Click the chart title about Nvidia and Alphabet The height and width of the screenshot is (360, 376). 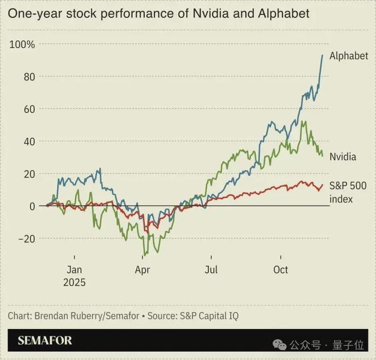(x=159, y=13)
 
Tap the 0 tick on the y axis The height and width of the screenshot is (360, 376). (x=32, y=206)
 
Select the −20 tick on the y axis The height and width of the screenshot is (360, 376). (x=26, y=239)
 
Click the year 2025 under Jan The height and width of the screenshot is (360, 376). (x=75, y=283)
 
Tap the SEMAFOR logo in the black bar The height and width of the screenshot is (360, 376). (x=45, y=341)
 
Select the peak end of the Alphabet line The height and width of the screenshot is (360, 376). (x=322, y=55)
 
